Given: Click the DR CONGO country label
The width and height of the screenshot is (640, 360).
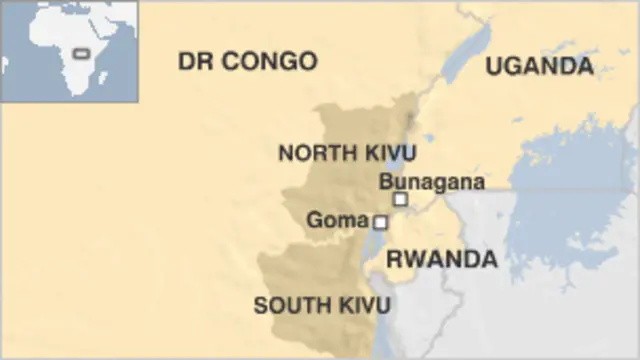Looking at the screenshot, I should click(247, 61).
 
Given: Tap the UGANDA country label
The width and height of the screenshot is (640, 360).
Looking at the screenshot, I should click(539, 66).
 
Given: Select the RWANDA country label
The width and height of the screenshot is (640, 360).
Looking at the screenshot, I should click(441, 259).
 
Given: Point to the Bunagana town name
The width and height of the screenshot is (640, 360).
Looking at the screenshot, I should click(432, 182).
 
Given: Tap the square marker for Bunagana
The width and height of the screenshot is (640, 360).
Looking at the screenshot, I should click(400, 199).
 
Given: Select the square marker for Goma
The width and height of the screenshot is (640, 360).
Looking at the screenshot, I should click(380, 222).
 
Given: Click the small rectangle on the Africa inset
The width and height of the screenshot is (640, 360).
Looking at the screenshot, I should click(78, 51).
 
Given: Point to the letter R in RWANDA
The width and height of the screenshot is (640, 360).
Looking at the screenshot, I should click(394, 259).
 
